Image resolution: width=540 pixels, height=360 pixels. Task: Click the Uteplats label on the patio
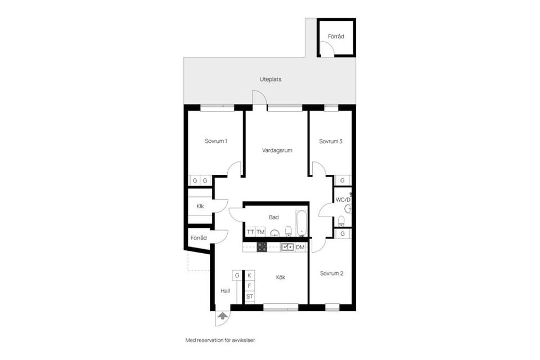click(x=271, y=79)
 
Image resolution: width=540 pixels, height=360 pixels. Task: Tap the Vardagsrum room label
click(x=277, y=150)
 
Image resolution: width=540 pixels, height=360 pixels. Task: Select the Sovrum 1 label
click(x=216, y=141)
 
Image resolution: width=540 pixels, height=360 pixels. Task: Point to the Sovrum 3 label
click(x=331, y=141)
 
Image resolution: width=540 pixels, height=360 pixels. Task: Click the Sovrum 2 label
click(x=331, y=273)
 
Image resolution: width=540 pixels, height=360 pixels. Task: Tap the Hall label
click(x=226, y=291)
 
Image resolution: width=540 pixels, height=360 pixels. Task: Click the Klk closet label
click(x=200, y=206)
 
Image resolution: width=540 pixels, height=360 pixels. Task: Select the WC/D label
click(x=343, y=200)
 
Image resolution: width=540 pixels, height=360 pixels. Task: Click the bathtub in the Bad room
click(x=301, y=223)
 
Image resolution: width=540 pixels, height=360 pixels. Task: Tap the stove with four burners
click(x=262, y=246)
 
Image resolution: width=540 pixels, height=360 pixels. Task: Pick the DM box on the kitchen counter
click(x=300, y=247)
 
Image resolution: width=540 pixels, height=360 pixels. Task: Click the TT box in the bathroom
click(x=250, y=232)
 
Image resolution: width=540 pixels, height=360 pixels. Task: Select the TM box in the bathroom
click(x=260, y=232)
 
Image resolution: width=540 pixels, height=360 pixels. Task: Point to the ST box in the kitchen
click(x=249, y=296)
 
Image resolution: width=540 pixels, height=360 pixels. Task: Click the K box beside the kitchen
click(x=249, y=275)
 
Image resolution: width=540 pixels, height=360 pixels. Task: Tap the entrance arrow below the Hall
click(x=222, y=317)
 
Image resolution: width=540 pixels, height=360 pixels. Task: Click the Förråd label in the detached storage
click(x=336, y=37)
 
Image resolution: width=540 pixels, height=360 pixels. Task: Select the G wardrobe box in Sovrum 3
click(x=343, y=181)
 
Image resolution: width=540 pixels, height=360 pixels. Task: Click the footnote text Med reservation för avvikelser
click(x=224, y=340)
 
